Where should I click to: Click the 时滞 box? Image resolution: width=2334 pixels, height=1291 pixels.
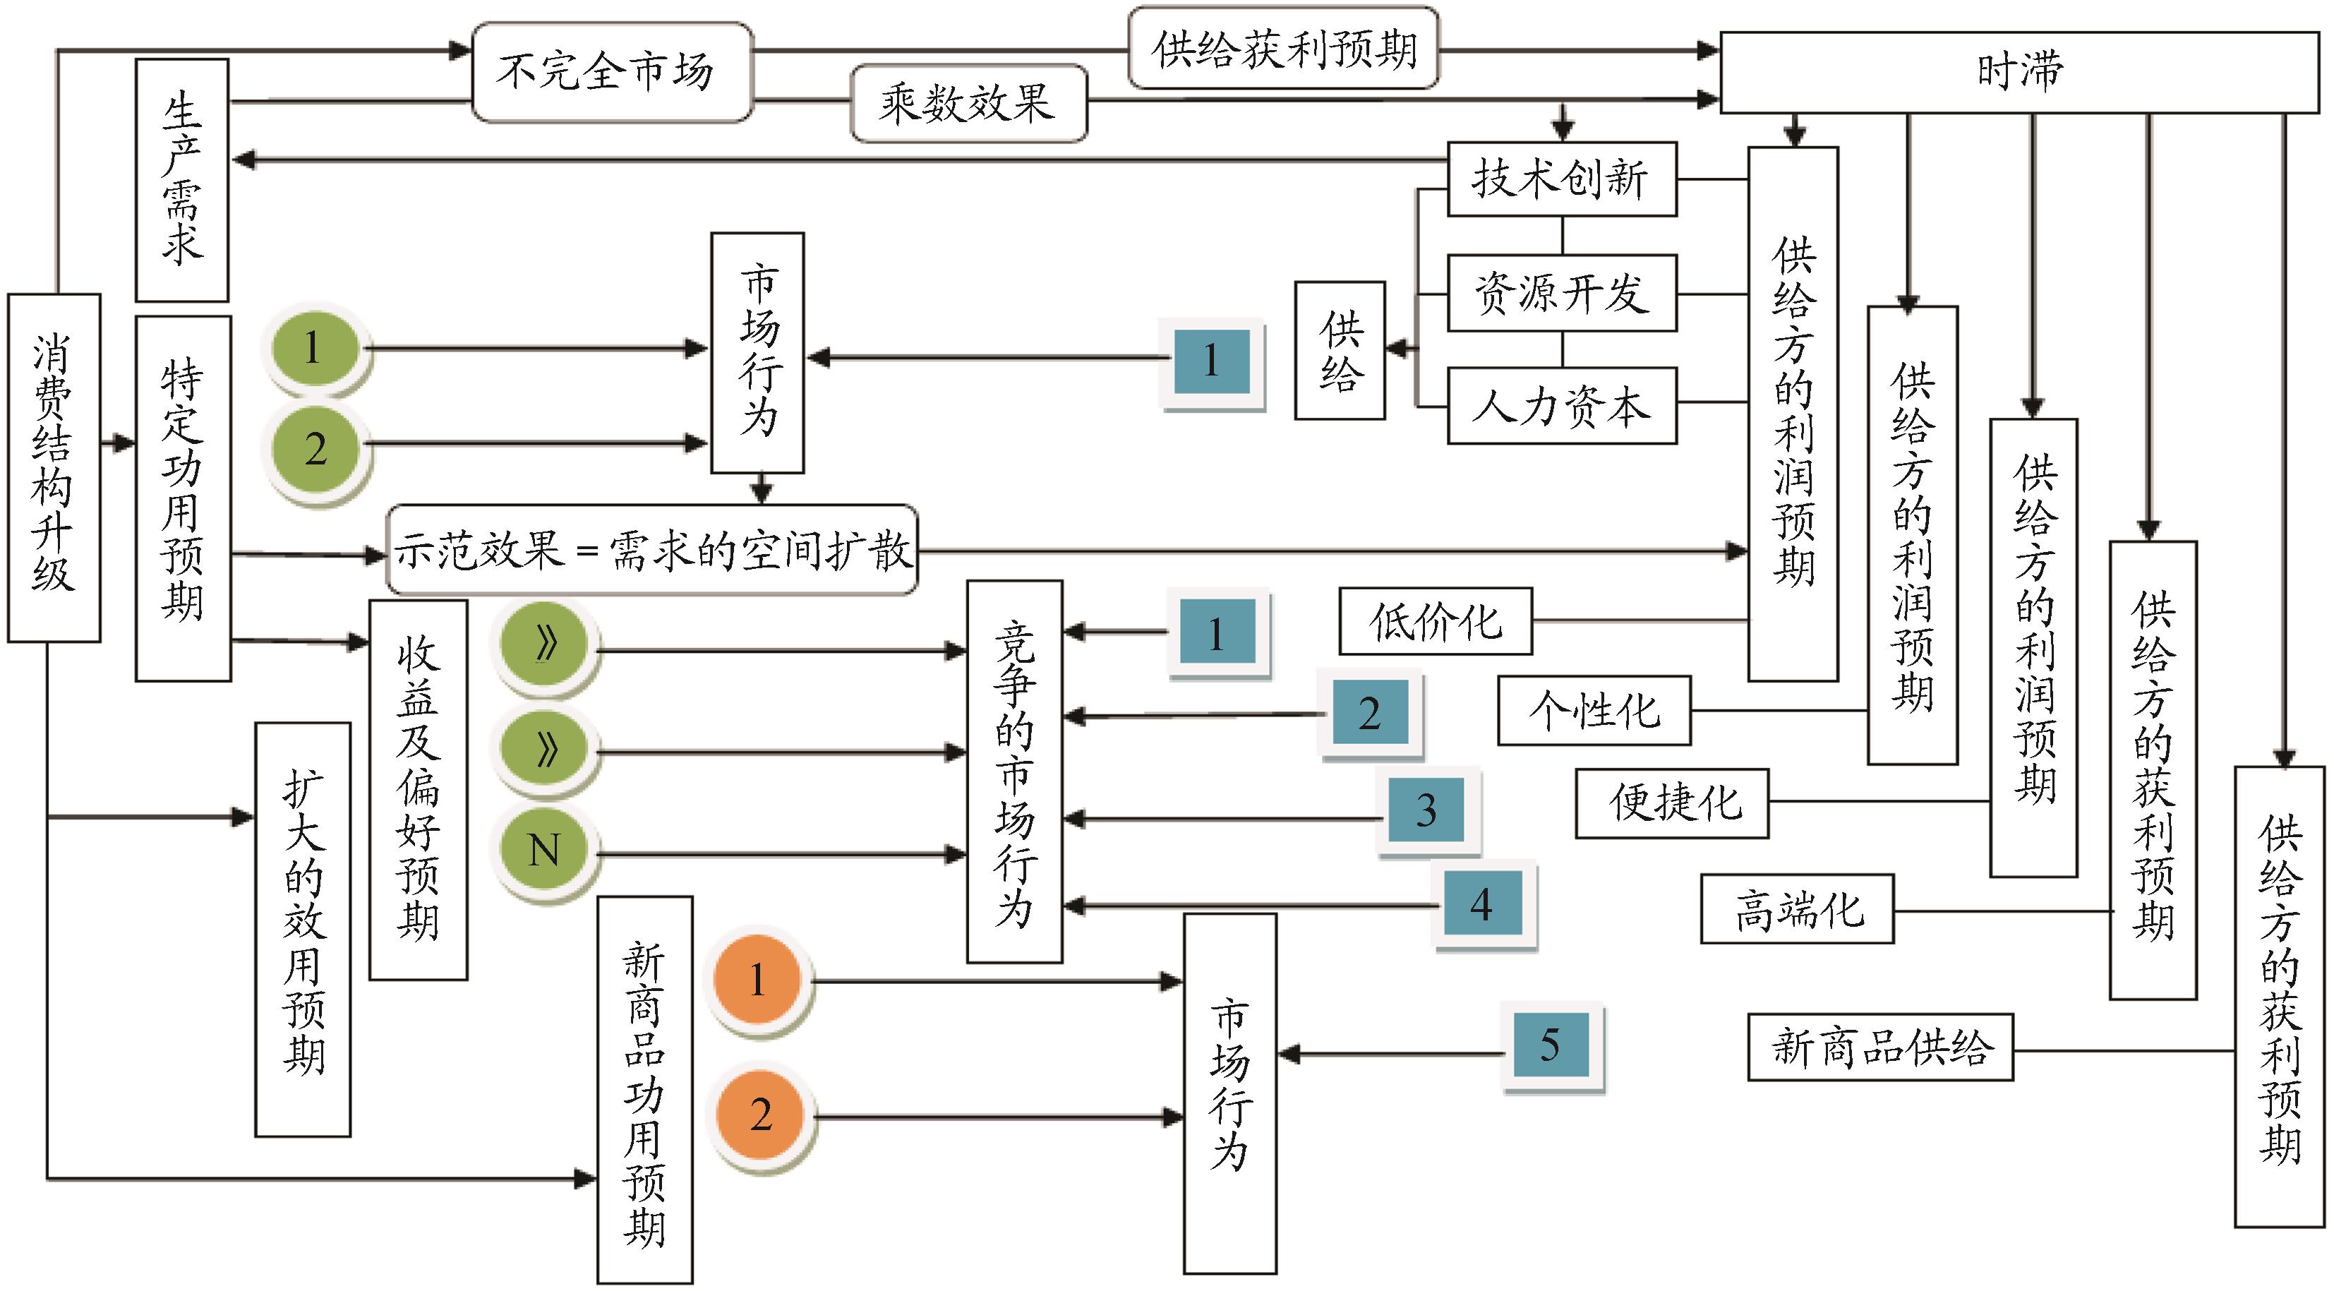pos(2019,73)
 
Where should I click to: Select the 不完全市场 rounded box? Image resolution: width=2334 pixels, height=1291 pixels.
pos(613,73)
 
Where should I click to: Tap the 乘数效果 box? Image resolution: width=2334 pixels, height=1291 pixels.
pos(968,103)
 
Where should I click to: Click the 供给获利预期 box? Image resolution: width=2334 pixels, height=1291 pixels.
pos(1283,49)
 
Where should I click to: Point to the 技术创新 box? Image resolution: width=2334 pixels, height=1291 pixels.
pos(1561,179)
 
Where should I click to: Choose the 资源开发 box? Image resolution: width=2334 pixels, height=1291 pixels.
pos(1561,294)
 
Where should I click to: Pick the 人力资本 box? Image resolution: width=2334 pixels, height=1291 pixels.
pos(1561,406)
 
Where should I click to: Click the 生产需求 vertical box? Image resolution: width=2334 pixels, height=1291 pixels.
pos(182,180)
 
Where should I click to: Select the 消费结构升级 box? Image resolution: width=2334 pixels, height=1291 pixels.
pos(54,467)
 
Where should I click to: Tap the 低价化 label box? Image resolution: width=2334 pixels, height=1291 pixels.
pos(1435,621)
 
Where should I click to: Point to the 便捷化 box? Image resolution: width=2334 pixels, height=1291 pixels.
pos(1672,803)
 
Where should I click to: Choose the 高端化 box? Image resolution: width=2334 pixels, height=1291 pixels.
pos(1797,908)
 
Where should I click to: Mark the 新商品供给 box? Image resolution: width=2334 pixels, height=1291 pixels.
pos(1880,1047)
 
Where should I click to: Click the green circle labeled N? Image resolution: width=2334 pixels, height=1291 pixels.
pos(545,850)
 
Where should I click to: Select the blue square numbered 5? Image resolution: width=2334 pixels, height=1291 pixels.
pos(1551,1045)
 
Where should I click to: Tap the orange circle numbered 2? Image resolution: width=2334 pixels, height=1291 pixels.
pos(759,1115)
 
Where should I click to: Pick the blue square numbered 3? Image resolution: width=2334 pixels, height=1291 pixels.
pos(1426,810)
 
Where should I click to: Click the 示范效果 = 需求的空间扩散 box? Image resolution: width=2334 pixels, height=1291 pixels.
pos(652,550)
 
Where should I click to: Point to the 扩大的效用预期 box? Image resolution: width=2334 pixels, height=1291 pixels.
pos(303,929)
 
